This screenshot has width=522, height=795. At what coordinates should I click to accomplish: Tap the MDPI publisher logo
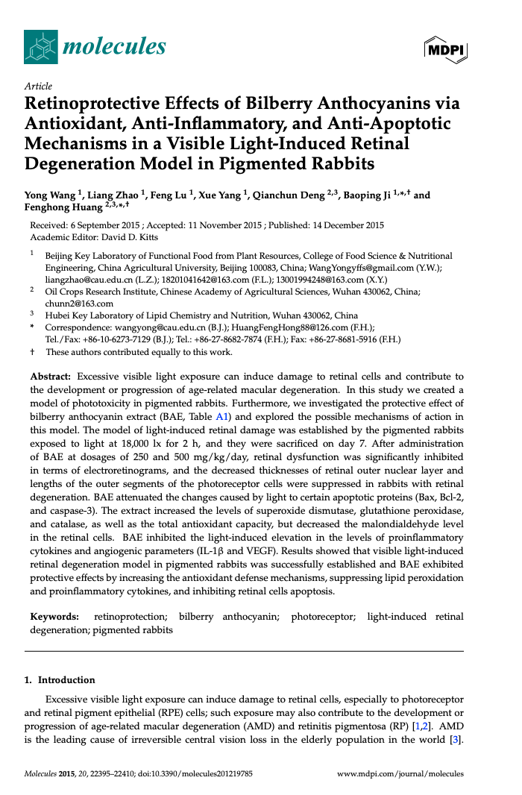(445, 49)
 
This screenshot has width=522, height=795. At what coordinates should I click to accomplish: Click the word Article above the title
(38, 87)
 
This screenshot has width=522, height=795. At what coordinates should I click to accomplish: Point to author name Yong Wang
(51, 195)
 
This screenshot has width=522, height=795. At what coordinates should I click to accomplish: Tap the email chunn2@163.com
(69, 303)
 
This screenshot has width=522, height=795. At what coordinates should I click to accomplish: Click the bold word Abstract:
(51, 377)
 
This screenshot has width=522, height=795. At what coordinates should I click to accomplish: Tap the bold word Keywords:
(54, 617)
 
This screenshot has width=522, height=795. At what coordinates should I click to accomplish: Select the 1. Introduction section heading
(60, 679)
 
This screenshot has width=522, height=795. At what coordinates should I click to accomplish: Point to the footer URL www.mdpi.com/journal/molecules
(400, 774)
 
